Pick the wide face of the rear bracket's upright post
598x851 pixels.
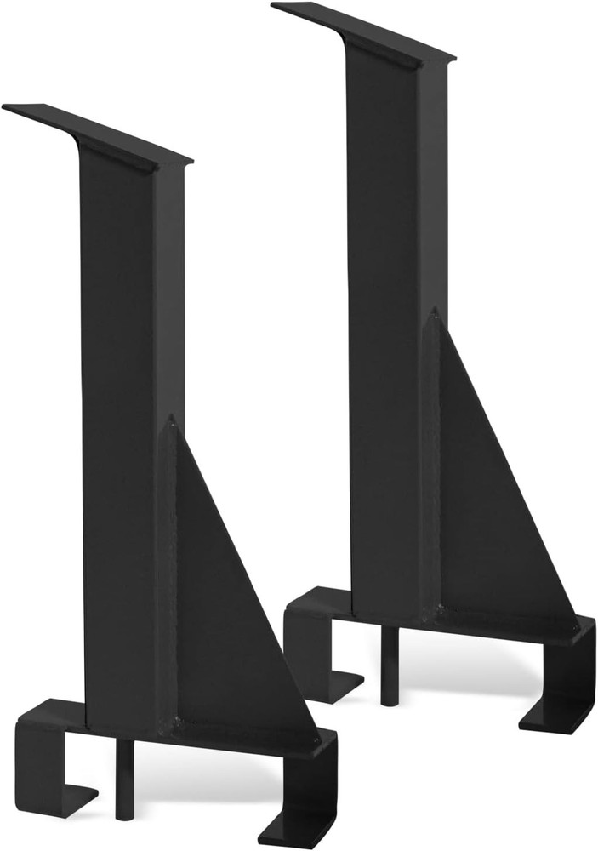point(383,323)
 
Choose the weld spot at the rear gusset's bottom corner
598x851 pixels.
point(439,608)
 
